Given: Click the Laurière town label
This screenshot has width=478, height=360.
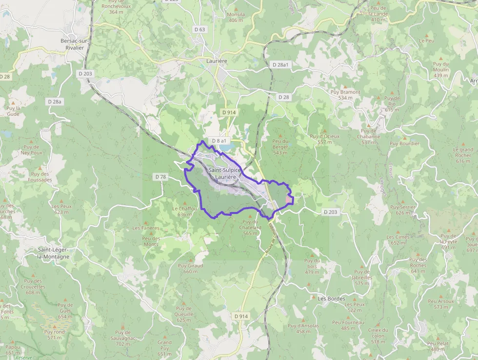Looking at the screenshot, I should (217, 61).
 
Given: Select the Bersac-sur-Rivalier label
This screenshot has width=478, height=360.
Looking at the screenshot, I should (72, 44).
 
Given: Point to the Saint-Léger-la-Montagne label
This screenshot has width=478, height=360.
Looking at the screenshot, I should (54, 253).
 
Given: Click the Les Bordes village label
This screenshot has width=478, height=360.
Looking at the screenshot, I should (331, 298).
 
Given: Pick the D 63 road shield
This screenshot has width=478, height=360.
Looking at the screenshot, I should (200, 29).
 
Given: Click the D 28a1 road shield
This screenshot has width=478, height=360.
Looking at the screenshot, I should (280, 64).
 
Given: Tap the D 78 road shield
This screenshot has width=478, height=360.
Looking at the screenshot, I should (160, 176).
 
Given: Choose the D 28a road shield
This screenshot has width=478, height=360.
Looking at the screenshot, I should (55, 101).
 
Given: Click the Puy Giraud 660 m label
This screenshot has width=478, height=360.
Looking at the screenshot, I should (190, 268).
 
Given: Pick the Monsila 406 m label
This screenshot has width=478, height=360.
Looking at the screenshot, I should (236, 17).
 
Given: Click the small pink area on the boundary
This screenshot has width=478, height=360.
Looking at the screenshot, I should (289, 200).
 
